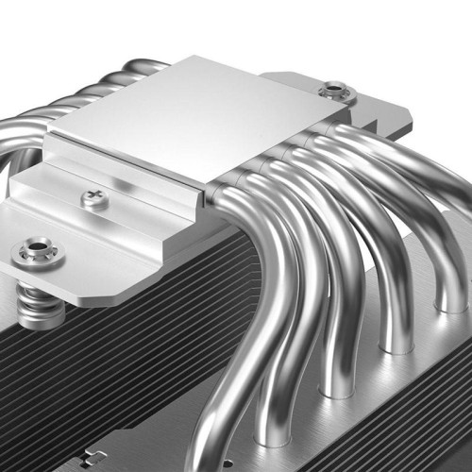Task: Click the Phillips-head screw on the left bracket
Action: [93, 198]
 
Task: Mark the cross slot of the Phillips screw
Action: [93, 198]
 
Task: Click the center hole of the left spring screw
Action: [35, 250]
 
